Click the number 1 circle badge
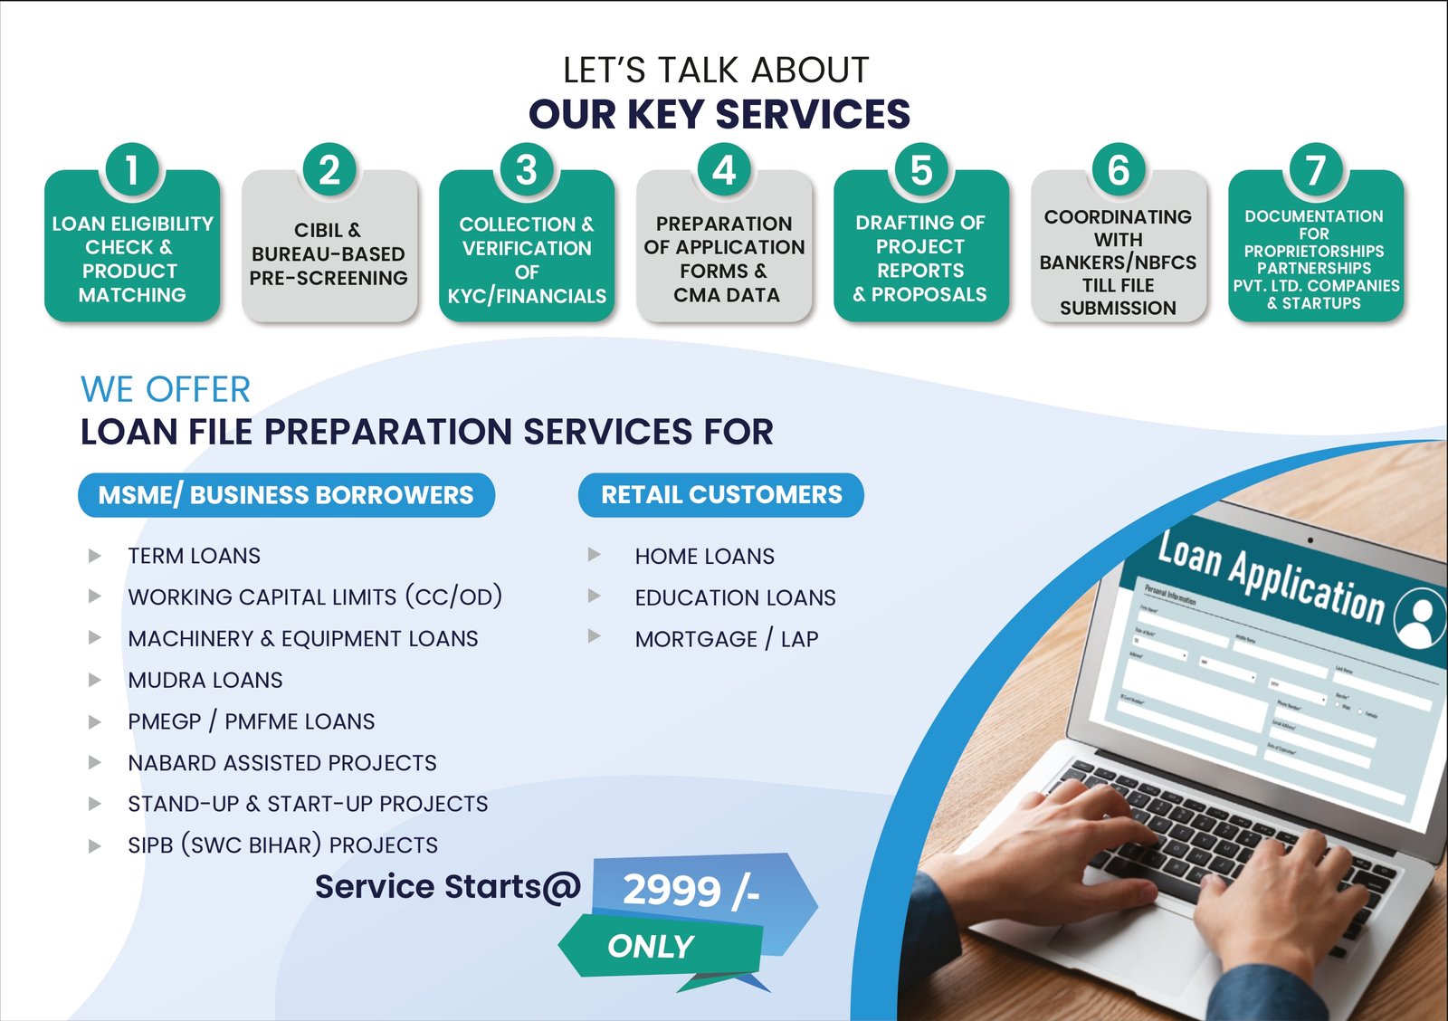(x=132, y=170)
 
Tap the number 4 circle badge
(x=724, y=170)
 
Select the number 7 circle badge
(x=1315, y=170)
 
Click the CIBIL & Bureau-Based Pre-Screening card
(x=329, y=254)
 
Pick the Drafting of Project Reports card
(x=920, y=258)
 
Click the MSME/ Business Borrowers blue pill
(x=286, y=495)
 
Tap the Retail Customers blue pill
(x=721, y=495)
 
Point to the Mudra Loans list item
(x=205, y=680)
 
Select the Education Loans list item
(x=735, y=597)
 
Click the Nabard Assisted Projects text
(x=282, y=763)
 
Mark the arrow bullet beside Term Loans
(x=94, y=556)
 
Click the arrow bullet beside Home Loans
(x=595, y=554)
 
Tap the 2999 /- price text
(x=691, y=891)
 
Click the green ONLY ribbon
(x=652, y=947)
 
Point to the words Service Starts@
(x=447, y=887)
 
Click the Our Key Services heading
(x=719, y=114)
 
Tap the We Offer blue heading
(x=166, y=389)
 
